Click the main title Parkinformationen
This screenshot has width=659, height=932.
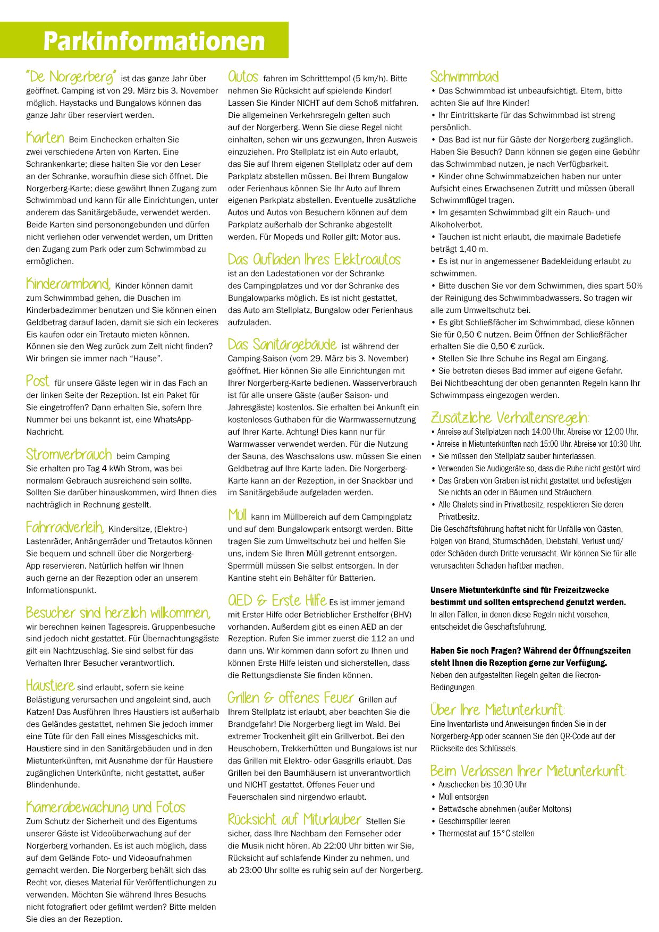pyautogui.click(x=154, y=41)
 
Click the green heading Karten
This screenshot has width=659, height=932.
pyautogui.click(x=45, y=138)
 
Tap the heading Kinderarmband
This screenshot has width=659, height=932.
pyautogui.click(x=68, y=284)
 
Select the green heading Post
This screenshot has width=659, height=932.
pyautogui.click(x=38, y=381)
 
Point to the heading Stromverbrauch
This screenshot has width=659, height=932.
pyautogui.click(x=69, y=454)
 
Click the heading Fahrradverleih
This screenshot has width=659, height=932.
pyautogui.click(x=65, y=527)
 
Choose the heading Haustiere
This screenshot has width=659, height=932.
pyautogui.click(x=50, y=685)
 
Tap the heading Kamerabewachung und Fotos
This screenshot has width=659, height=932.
pyautogui.click(x=106, y=808)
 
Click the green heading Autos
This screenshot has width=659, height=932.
pyautogui.click(x=243, y=77)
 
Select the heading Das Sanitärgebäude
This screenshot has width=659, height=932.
pyautogui.click(x=282, y=344)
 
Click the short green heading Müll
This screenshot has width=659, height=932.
pyautogui.click(x=237, y=515)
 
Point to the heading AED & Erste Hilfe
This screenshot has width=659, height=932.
pyautogui.click(x=277, y=600)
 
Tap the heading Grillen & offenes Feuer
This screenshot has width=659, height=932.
pyautogui.click(x=291, y=698)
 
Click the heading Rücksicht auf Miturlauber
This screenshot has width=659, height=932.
pyautogui.click(x=294, y=819)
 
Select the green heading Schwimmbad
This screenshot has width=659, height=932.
pyautogui.click(x=464, y=77)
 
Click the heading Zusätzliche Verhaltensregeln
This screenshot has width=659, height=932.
pyautogui.click(x=510, y=418)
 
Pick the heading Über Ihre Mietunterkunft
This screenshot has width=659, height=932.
pyautogui.click(x=497, y=710)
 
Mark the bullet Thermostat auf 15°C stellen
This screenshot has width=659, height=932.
pyautogui.click(x=486, y=834)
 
